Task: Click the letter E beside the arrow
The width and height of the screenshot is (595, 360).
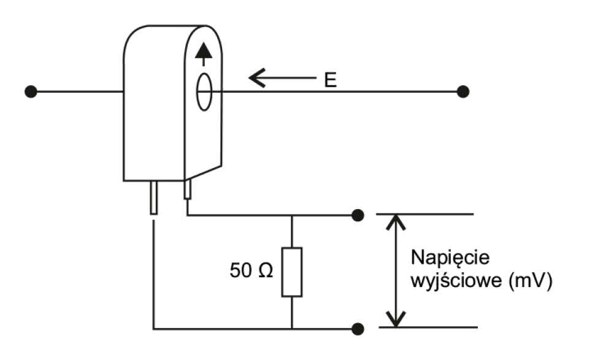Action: (x=331, y=80)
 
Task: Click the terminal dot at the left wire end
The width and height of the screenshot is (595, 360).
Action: (x=29, y=92)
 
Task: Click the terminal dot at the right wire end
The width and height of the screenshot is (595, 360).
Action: (x=463, y=91)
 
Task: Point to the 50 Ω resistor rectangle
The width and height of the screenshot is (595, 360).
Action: (x=291, y=272)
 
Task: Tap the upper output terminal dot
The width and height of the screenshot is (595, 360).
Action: (x=358, y=215)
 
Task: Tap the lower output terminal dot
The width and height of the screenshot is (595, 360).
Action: (x=358, y=329)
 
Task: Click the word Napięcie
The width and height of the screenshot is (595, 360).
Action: (x=443, y=256)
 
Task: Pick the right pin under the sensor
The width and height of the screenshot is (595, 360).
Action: (x=188, y=190)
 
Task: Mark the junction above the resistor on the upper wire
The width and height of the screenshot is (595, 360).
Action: (x=291, y=215)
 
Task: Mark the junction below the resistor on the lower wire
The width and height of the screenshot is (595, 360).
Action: (x=291, y=329)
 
